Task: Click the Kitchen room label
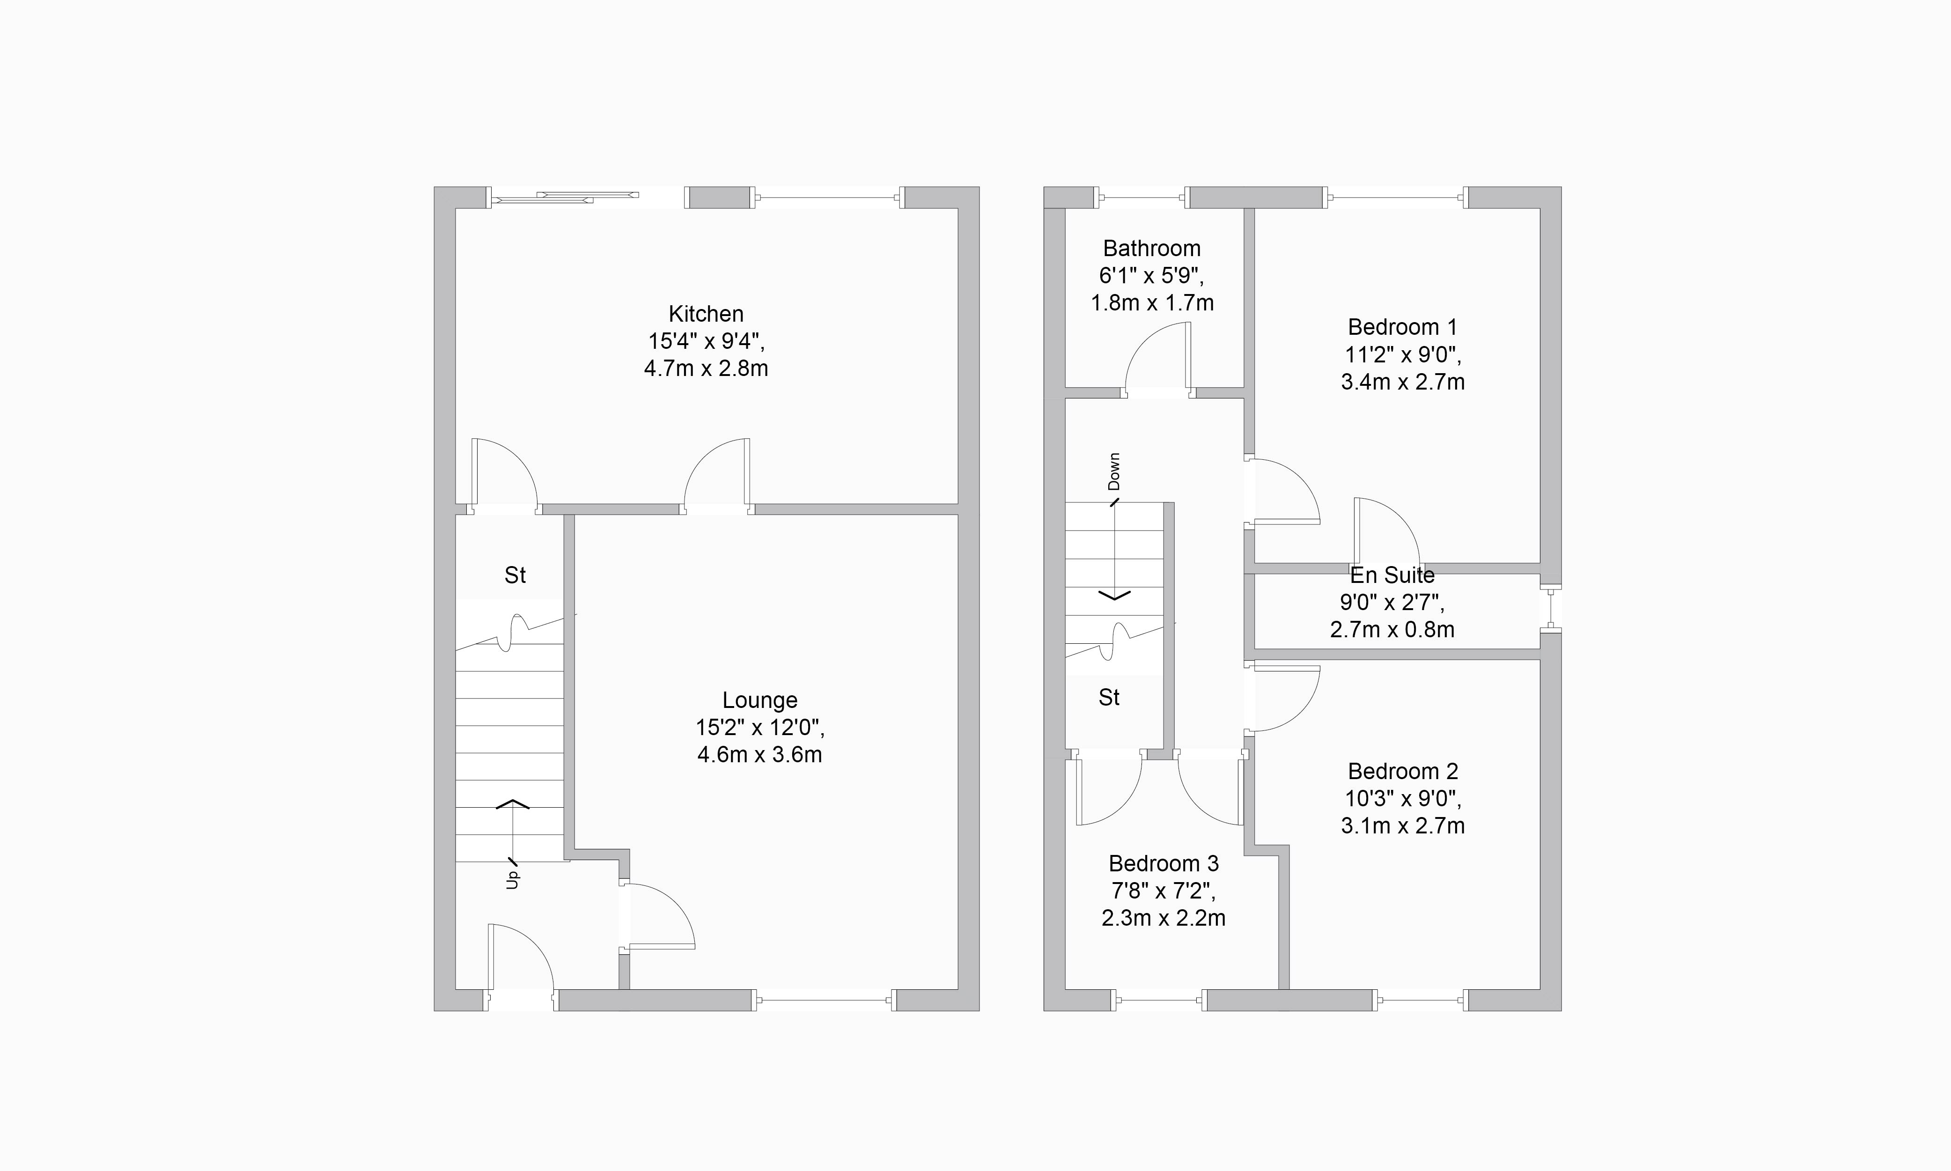706,314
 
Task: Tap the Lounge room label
760,701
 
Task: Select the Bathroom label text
1152,249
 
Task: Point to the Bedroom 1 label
1403,327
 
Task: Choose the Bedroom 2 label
1403,771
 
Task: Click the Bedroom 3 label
1163,863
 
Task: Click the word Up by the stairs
513,879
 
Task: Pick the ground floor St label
515,576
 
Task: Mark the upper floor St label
1109,698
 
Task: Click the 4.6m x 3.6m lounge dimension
760,755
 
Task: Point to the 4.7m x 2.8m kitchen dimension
706,368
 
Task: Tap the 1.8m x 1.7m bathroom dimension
1152,303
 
